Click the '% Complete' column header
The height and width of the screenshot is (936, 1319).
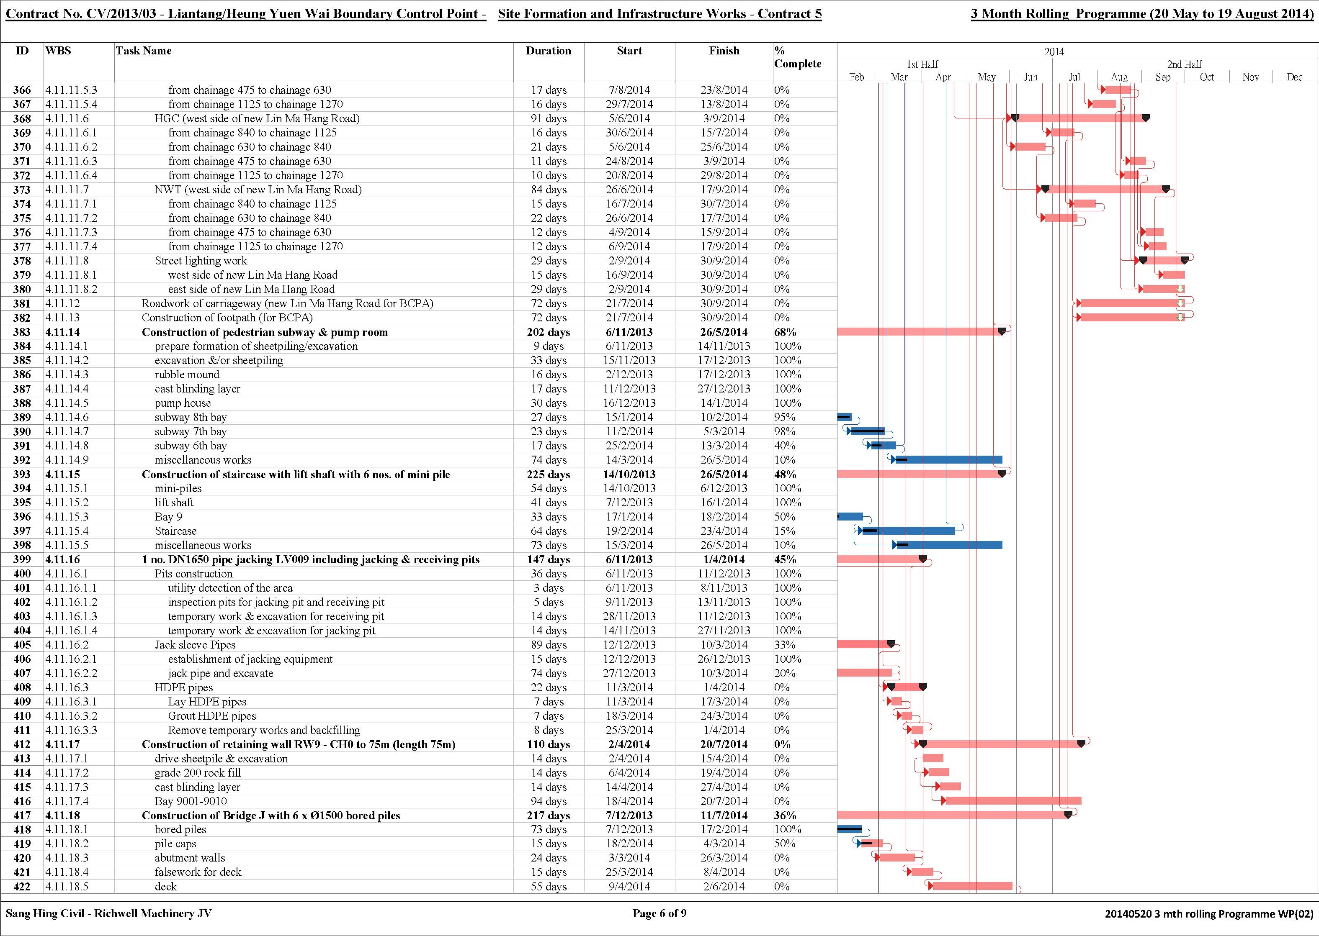point(798,57)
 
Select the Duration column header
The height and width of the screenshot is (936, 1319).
point(548,51)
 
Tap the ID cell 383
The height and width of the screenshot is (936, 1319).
point(22,332)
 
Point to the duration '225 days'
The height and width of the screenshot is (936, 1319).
point(548,474)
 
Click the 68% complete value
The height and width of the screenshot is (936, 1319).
point(785,332)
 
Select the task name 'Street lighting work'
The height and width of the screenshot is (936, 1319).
point(201,261)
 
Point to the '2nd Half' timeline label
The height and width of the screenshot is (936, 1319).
point(1185,64)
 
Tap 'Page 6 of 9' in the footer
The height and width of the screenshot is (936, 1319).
point(659,913)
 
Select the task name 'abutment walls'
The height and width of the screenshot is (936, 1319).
point(190,858)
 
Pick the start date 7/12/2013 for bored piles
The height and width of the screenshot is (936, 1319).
point(629,829)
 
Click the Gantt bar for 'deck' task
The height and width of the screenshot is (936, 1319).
point(972,886)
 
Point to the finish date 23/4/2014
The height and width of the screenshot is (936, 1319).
point(724,531)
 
